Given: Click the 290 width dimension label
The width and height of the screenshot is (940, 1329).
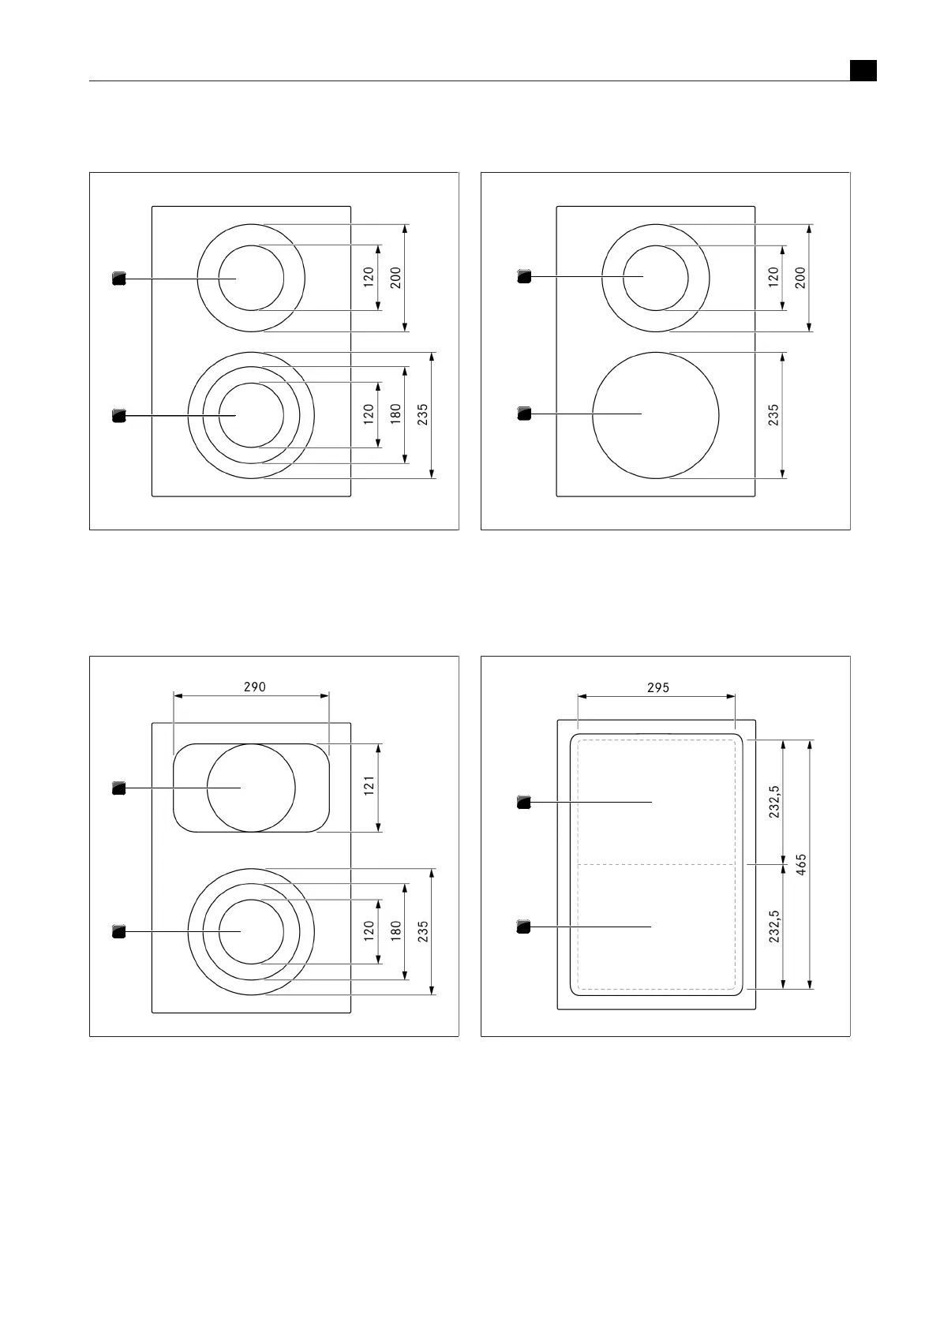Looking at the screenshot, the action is (x=255, y=687).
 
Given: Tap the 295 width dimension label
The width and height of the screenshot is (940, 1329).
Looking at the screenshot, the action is (x=658, y=687).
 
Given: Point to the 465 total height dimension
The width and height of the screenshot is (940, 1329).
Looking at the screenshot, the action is (x=801, y=864).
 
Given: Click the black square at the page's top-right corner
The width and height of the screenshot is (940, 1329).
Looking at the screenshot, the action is (x=863, y=70).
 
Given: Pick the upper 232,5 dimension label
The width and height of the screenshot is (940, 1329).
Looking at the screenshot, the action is (x=774, y=802).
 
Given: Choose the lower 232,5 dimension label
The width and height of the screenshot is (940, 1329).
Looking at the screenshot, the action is (x=774, y=927).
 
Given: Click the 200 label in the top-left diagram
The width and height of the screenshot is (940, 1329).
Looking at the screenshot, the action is (x=396, y=278).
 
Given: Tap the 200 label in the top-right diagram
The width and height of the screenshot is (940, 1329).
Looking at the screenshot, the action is (x=800, y=278).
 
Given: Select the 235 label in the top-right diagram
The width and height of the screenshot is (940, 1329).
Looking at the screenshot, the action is (x=773, y=415).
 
